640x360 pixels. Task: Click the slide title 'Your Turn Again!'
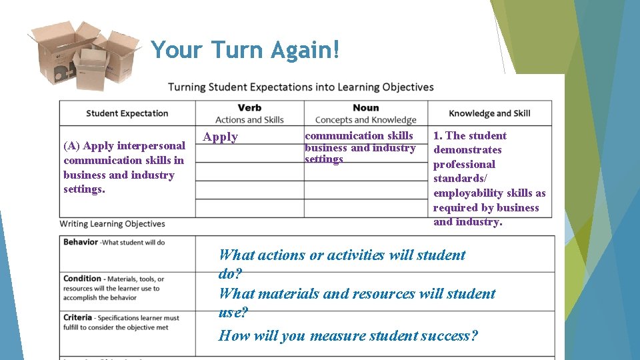245,50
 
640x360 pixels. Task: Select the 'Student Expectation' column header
127,113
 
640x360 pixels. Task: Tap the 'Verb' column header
249,108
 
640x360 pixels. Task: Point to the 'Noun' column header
365,108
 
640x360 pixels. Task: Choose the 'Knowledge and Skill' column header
489,113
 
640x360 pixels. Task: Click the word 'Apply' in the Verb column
221,137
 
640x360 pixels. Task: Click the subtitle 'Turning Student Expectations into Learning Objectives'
301,87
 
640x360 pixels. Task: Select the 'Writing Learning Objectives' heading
113,224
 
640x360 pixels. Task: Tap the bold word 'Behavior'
81,242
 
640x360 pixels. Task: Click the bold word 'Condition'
83,279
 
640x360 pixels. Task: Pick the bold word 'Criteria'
79,317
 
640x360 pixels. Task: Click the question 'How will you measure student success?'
348,335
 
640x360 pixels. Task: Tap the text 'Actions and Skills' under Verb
249,120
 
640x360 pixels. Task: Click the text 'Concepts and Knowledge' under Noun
365,120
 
